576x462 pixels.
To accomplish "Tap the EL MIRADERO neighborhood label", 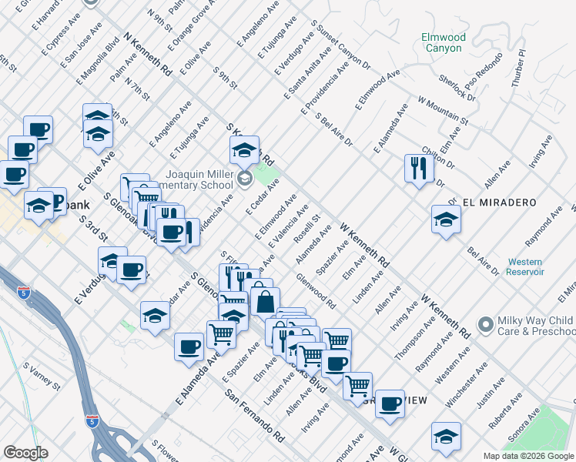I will click(499, 203).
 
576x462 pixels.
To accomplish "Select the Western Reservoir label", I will click(526, 266).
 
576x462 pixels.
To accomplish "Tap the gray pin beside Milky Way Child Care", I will click(484, 325).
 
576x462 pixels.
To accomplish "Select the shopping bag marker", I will click(264, 302).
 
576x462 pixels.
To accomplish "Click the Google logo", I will click(25, 452).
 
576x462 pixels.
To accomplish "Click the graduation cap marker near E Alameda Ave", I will click(155, 316).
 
